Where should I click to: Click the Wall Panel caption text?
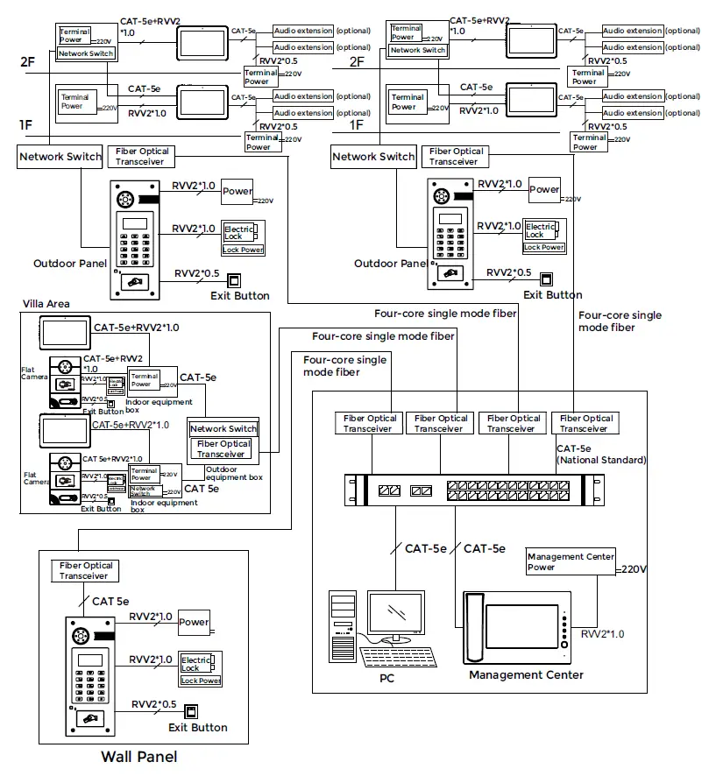pos(138,757)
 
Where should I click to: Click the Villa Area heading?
pos(46,304)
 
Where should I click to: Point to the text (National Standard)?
pos(601,460)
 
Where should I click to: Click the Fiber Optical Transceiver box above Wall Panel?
pos(85,571)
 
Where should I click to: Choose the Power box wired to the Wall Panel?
pos(194,623)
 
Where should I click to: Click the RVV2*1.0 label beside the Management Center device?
pos(603,632)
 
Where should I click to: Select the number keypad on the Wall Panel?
pos(90,682)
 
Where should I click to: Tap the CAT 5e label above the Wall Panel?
pos(110,602)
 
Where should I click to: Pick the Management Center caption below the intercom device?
pos(526,675)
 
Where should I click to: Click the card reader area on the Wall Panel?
pos(90,717)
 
